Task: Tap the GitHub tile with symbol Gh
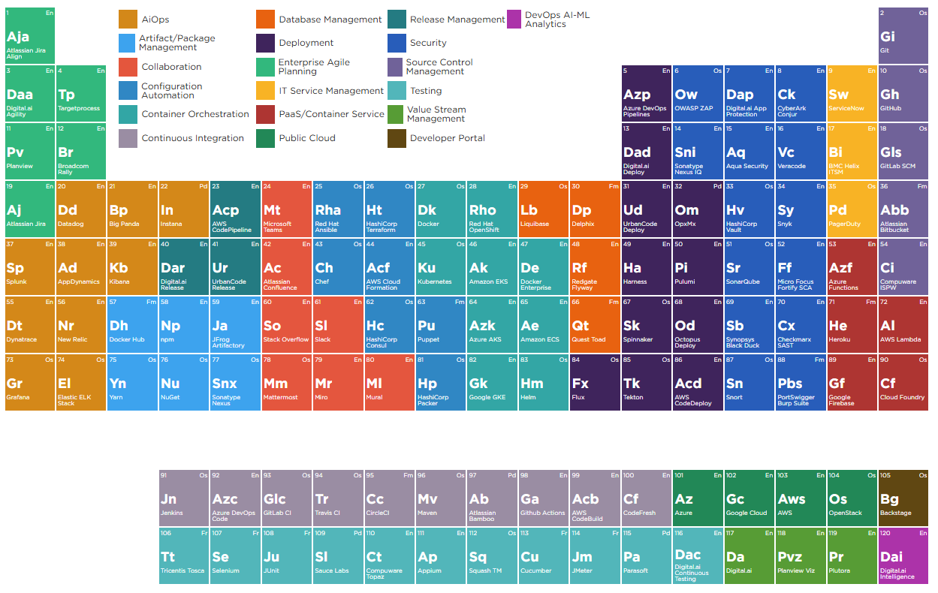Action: point(903,93)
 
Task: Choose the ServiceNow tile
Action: point(852,93)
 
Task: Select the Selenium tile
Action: point(235,555)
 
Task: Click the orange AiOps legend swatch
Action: point(128,20)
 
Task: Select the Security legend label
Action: point(428,43)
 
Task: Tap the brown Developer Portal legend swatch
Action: point(397,138)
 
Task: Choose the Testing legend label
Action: point(426,91)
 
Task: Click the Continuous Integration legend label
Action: point(192,138)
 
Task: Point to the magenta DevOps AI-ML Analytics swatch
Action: point(514,20)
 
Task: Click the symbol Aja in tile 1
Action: point(18,37)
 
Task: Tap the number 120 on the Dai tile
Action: point(887,533)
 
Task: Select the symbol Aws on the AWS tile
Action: point(792,499)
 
